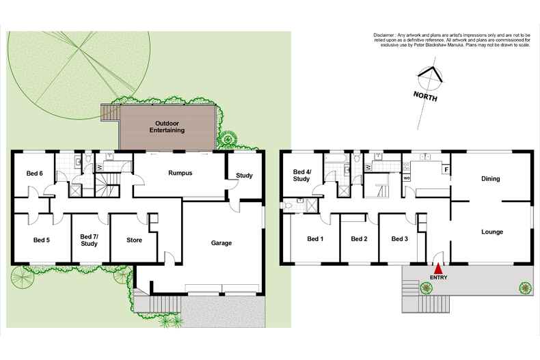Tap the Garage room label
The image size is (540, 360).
tap(221, 243)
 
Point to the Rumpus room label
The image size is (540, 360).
tap(180, 174)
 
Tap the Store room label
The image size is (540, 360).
tap(134, 240)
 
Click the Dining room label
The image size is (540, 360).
tap(490, 179)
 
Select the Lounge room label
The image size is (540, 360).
tap(491, 232)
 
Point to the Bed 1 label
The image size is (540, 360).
tap(315, 239)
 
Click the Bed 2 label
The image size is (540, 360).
tap(359, 239)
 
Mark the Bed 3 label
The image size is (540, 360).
tap(400, 239)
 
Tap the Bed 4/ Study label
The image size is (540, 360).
tap(302, 176)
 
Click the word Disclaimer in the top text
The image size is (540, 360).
tap(387, 35)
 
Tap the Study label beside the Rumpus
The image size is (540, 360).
tap(244, 176)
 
